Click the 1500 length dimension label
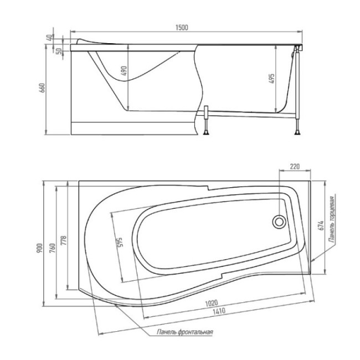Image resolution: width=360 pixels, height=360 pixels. (x=182, y=28)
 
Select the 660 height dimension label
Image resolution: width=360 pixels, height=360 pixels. (x=43, y=88)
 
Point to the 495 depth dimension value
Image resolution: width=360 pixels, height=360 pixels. (x=271, y=79)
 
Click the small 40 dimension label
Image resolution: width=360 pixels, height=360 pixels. (x=49, y=38)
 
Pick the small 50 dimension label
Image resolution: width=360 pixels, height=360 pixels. (x=59, y=51)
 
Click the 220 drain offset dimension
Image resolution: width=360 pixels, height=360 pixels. (x=295, y=166)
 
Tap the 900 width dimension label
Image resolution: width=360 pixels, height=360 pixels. (x=39, y=249)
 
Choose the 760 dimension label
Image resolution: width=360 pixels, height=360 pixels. (x=52, y=248)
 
